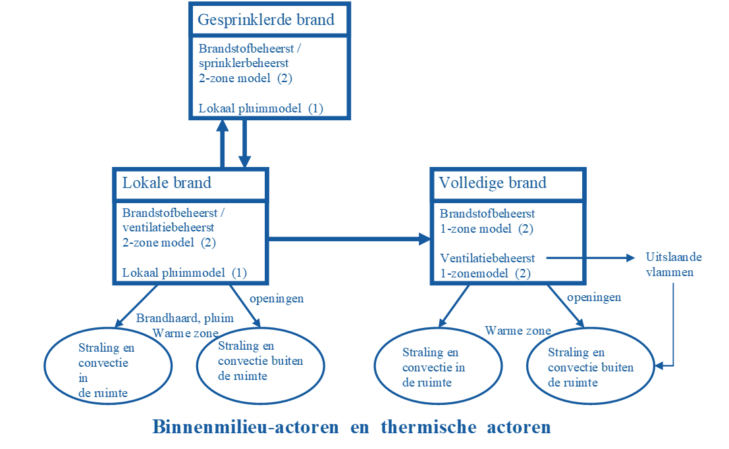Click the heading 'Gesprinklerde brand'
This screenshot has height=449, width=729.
pyautogui.click(x=266, y=20)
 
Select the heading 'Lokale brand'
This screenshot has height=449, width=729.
pyautogui.click(x=167, y=183)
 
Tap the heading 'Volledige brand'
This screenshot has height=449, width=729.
pyautogui.click(x=493, y=183)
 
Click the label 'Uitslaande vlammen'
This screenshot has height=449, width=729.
pyautogui.click(x=670, y=264)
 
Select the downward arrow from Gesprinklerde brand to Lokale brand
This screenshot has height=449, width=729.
pyautogui.click(x=244, y=145)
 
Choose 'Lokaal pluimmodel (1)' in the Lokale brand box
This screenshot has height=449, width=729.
pyautogui.click(x=184, y=272)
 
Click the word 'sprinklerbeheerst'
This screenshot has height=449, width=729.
pyautogui.click(x=244, y=63)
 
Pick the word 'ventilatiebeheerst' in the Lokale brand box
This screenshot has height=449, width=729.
pyautogui.click(x=167, y=227)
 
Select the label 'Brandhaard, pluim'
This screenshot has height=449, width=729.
pyautogui.click(x=184, y=318)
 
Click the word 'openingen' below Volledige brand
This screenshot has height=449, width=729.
pyautogui.click(x=594, y=297)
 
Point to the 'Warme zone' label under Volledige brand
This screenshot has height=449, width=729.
pyautogui.click(x=518, y=330)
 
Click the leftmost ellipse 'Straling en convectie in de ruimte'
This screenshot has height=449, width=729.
pyautogui.click(x=107, y=366)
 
